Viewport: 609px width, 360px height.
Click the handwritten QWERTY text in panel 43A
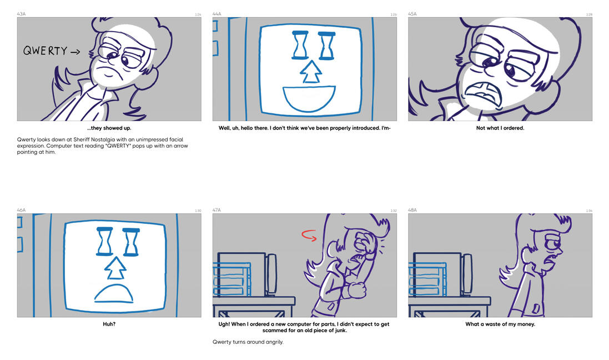click(45, 51)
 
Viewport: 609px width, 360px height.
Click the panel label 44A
click(217, 14)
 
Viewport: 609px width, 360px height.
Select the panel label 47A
click(217, 210)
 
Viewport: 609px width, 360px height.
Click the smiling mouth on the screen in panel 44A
click(309, 99)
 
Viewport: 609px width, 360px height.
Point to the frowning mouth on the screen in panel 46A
click(114, 294)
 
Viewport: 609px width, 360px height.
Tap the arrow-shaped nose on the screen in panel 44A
click(311, 72)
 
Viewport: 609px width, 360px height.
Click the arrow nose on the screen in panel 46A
click(115, 268)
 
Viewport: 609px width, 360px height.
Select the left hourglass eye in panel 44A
click(300, 44)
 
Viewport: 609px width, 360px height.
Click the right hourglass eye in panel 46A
click(131, 242)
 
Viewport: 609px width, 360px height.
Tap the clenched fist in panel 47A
click(356, 290)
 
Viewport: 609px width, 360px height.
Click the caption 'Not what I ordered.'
click(500, 128)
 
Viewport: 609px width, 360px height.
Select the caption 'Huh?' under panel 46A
click(109, 324)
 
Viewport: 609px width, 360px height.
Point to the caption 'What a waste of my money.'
click(500, 324)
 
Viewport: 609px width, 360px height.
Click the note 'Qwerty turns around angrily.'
click(248, 342)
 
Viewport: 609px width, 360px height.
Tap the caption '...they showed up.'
click(109, 128)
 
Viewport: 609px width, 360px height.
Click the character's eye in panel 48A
click(552, 245)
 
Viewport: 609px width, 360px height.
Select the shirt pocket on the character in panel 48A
click(536, 308)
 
